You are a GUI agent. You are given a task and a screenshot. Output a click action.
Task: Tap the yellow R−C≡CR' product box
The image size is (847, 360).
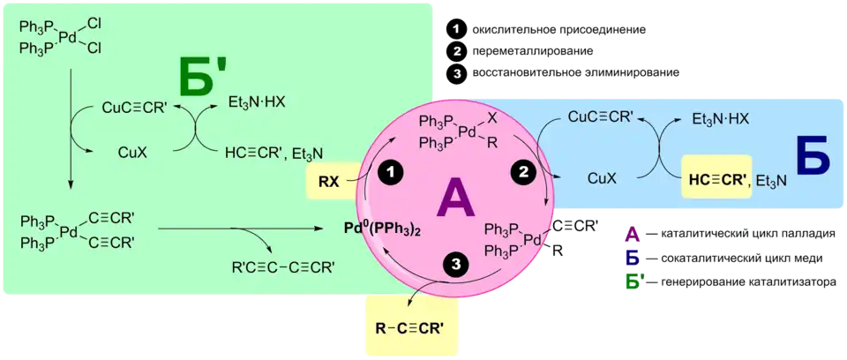pyautogui.click(x=409, y=329)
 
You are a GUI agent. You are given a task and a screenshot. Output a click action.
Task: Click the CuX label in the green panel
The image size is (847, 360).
pyautogui.click(x=131, y=152)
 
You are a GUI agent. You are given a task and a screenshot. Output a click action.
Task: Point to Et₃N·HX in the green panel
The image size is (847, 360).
pyautogui.click(x=257, y=101)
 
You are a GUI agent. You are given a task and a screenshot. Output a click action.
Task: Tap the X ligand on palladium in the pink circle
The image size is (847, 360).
pyautogui.click(x=492, y=116)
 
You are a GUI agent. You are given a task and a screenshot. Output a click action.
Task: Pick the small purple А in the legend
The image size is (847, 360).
pyautogui.click(x=632, y=235)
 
